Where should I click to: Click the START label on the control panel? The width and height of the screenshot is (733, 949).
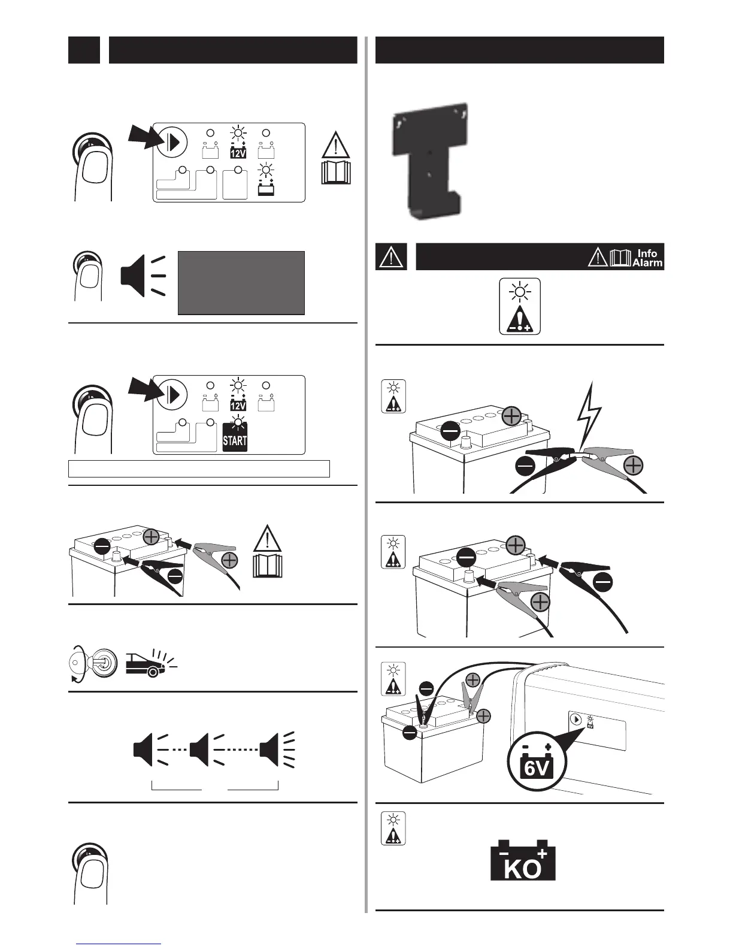235,440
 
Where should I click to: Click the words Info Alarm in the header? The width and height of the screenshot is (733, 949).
647,258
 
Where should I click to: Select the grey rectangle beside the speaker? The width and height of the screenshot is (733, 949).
241,283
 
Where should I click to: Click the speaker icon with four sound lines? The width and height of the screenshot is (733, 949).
275,749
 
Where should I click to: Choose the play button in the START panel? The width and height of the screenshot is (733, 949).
172,394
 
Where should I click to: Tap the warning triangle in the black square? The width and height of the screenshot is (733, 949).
391,256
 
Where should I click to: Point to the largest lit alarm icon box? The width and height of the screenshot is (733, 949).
520,306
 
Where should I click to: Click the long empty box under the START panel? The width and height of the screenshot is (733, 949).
199,469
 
